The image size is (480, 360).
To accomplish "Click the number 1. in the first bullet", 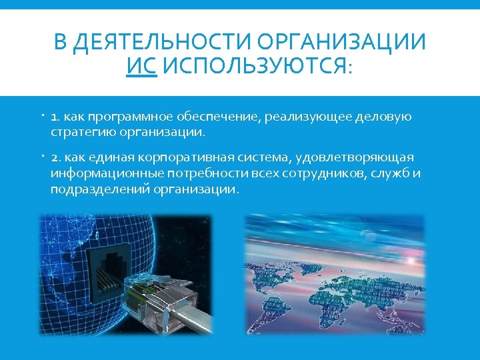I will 55,117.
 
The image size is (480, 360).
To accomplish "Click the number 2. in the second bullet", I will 56,157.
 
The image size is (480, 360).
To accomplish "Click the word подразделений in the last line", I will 98,189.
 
